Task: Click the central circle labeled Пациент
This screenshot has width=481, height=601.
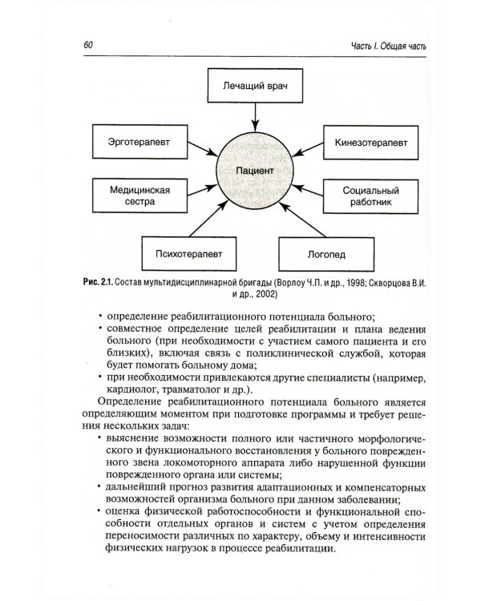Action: [256, 171]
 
